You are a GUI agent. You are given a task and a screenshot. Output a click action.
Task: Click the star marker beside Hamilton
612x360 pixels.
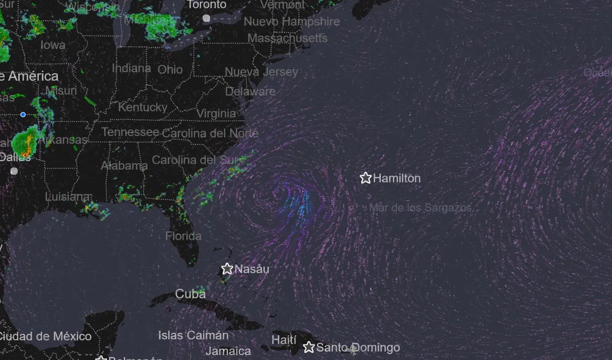coord(366,178)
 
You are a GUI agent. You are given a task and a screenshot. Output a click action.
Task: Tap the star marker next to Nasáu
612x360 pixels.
coord(227,269)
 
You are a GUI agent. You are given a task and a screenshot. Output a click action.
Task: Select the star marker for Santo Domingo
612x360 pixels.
coord(309,347)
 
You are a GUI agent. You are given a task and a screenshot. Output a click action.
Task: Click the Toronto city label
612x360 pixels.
coord(206,5)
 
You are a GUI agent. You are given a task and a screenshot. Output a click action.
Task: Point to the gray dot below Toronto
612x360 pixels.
coord(206,18)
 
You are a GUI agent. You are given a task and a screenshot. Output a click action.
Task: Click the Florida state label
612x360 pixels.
coord(184,236)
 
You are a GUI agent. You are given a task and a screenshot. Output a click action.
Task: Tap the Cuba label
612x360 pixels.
coord(190,294)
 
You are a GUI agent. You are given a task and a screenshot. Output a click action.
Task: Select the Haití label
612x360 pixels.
coord(284,340)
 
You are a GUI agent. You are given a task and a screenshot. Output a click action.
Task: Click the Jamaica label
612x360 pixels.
coord(228,351)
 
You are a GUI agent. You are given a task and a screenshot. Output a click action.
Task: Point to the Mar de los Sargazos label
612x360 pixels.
coord(420,208)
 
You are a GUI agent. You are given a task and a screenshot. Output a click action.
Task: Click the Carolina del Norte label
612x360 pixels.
coord(210,133)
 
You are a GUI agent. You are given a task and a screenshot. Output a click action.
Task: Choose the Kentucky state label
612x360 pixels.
coord(142,107)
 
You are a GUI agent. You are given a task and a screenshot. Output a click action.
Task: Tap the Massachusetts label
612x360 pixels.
coord(287,38)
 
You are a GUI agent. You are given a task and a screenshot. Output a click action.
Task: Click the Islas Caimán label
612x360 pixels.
coord(193,335)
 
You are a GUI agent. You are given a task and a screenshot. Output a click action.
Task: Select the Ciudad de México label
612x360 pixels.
coord(46,337)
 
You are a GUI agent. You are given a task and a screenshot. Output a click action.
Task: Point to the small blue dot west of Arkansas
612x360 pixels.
coord(23,115)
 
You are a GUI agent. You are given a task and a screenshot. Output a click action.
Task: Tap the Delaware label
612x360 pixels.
coord(250,91)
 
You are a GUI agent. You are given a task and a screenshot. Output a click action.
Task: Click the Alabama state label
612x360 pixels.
coord(124,166)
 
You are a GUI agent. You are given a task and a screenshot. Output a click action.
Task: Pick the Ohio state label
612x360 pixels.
coord(170,70)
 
